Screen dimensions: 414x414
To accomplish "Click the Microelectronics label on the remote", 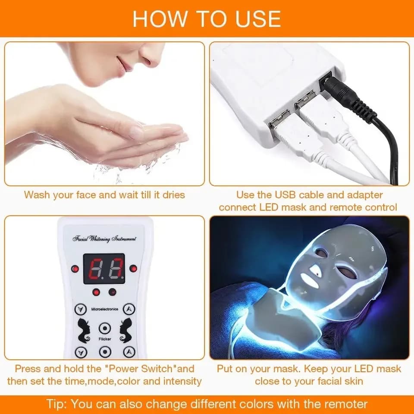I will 105,309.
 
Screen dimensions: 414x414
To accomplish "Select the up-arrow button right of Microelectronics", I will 129,309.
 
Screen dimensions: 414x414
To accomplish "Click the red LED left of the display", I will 75,269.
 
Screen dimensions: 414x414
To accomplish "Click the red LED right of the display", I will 133,269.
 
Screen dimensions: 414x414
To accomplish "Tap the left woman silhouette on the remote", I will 83,331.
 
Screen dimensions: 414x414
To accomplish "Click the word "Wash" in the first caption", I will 38,195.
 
